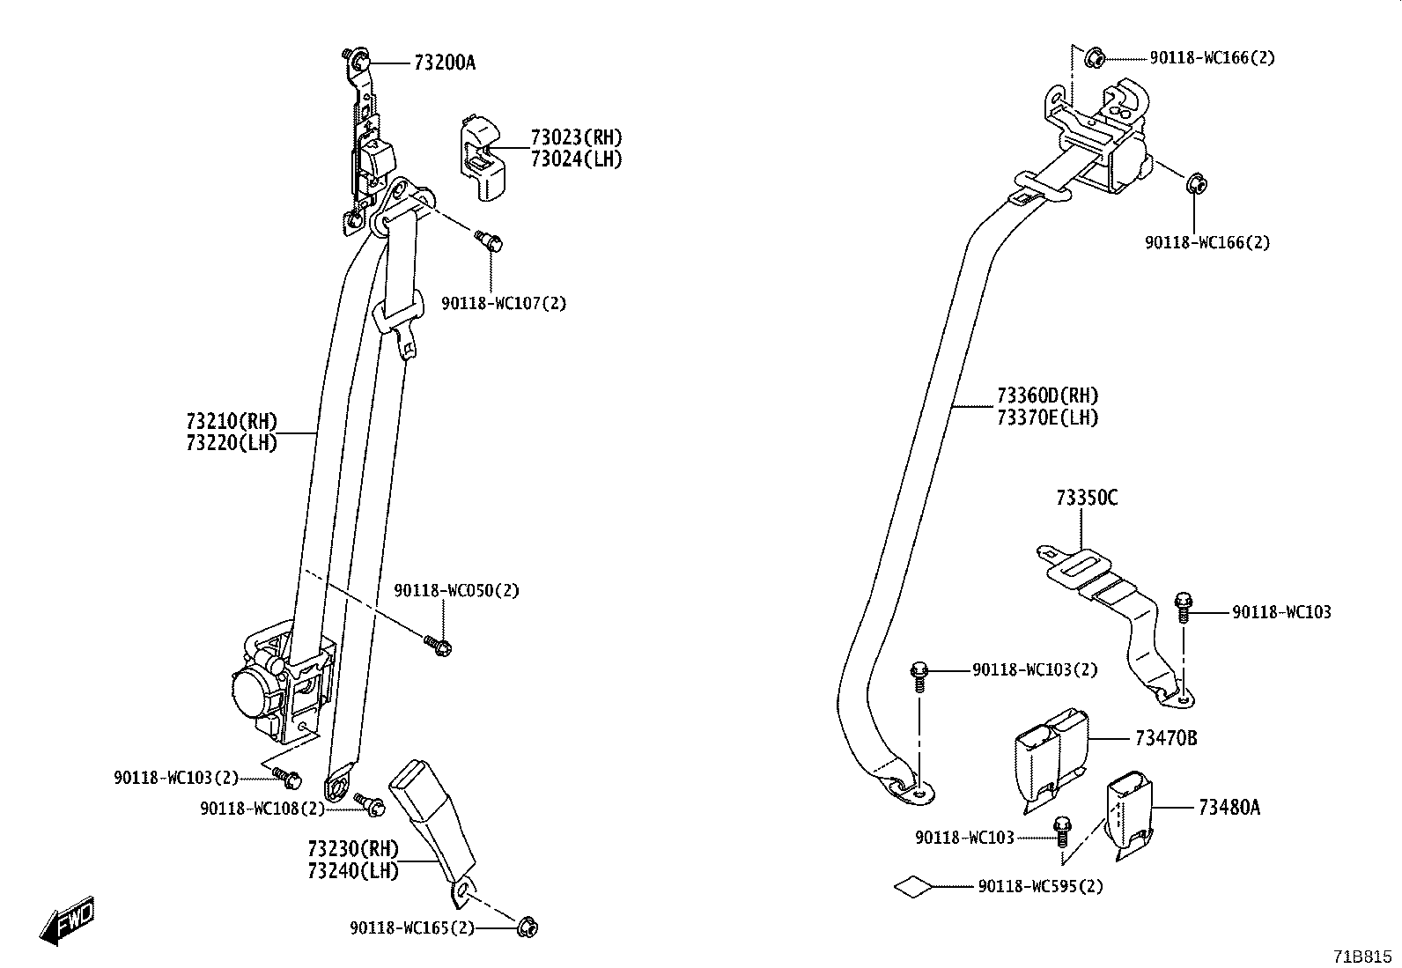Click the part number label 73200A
tap(444, 63)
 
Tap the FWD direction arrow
tap(67, 922)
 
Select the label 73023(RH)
tap(576, 137)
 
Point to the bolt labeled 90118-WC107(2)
tap(489, 240)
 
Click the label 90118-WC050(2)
tap(456, 590)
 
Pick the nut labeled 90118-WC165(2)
tap(528, 927)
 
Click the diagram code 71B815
tap(1362, 956)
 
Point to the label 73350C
tap(1087, 499)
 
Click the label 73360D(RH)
tap(1047, 395)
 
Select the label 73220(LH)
tap(231, 443)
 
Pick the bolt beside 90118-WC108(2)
tap(368, 802)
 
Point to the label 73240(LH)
tap(352, 871)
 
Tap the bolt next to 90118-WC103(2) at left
tap(287, 777)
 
